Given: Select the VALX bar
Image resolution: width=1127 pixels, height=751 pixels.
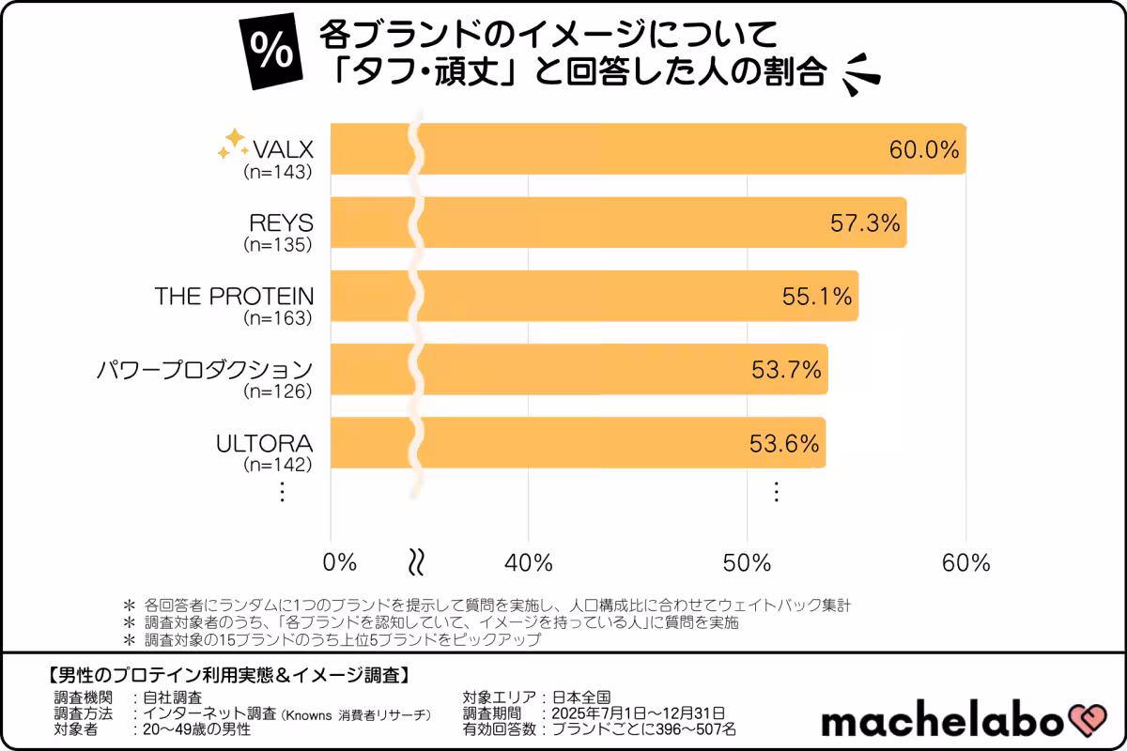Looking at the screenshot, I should click(648, 149).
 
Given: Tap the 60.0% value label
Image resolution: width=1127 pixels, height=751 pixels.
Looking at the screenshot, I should click(924, 150).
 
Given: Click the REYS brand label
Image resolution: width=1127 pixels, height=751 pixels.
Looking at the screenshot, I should click(281, 222).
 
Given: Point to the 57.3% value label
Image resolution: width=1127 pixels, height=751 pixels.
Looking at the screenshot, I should click(865, 223).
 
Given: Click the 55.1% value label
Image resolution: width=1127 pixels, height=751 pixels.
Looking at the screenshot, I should click(817, 297).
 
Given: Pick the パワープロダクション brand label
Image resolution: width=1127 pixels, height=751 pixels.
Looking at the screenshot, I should click(205, 369).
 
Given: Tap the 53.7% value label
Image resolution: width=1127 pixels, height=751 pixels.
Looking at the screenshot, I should click(787, 370).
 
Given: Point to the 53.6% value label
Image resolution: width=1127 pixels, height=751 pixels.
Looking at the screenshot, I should click(784, 443).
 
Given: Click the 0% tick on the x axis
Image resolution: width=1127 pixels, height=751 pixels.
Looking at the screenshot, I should click(339, 562).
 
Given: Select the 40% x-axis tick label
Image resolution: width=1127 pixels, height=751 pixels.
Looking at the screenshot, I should click(529, 562).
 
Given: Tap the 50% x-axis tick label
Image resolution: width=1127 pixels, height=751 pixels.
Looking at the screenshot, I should click(747, 562).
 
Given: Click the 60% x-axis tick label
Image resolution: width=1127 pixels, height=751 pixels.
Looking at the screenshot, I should click(966, 562).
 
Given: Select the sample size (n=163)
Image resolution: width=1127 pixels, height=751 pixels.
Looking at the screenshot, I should click(277, 318).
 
